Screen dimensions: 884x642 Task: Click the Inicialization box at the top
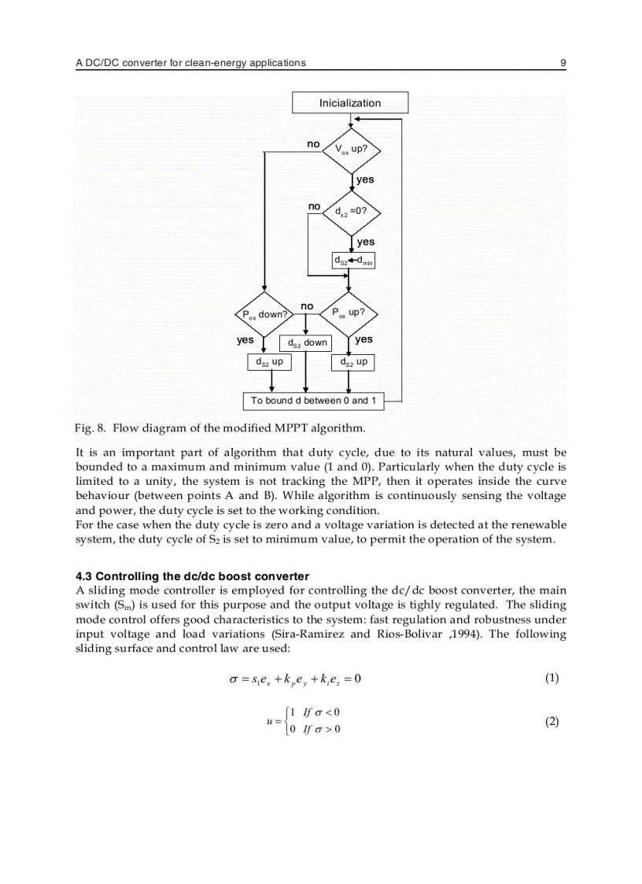tap(350, 103)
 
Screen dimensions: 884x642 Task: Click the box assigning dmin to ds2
tap(352, 260)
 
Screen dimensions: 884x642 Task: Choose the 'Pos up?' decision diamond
tap(351, 313)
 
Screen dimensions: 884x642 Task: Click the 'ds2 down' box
tap(306, 343)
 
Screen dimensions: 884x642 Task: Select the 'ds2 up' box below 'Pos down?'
tap(268, 362)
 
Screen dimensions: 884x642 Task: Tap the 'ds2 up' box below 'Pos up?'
tap(352, 362)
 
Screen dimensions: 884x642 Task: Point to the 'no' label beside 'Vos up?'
tap(313, 144)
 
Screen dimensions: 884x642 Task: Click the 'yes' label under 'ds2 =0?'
tap(365, 242)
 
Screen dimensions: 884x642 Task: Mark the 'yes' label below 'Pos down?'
tap(245, 340)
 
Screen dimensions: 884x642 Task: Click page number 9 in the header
tap(563, 62)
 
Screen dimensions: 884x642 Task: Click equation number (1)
tap(552, 678)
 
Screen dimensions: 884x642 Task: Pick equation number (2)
tap(552, 721)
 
